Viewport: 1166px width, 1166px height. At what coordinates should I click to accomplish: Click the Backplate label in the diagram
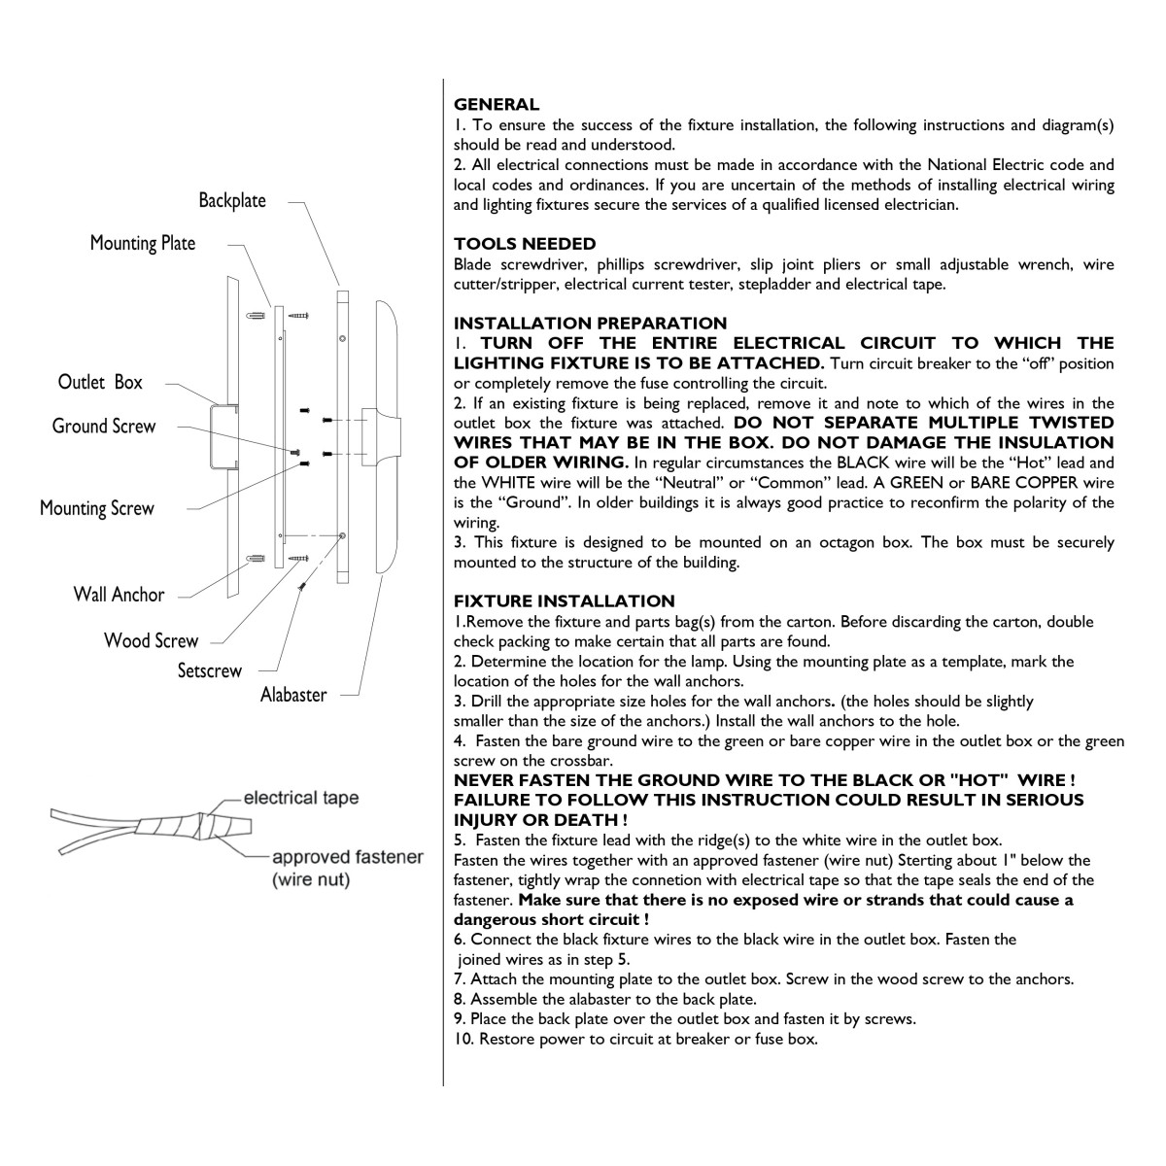232,200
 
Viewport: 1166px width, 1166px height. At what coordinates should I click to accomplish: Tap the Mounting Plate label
143,243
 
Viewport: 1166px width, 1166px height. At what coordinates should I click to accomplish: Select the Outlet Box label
100,382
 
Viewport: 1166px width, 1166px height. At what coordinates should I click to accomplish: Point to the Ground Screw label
104,426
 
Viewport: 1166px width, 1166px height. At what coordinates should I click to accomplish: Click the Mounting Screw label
97,508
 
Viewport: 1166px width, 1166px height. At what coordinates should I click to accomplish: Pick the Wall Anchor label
119,595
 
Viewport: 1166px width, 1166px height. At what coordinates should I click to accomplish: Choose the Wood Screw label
152,640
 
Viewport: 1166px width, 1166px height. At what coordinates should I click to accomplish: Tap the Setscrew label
209,670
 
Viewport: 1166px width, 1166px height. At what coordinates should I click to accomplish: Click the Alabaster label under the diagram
293,695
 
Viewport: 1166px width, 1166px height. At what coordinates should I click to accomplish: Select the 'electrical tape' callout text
300,798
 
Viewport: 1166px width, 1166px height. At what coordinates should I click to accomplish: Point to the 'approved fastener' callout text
348,857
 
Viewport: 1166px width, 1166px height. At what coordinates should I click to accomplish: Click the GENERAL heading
497,105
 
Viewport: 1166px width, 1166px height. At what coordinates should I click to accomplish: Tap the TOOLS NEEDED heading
525,244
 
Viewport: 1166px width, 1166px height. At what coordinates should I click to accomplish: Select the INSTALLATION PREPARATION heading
590,324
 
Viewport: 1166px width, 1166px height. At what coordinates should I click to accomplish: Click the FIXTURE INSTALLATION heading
564,600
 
